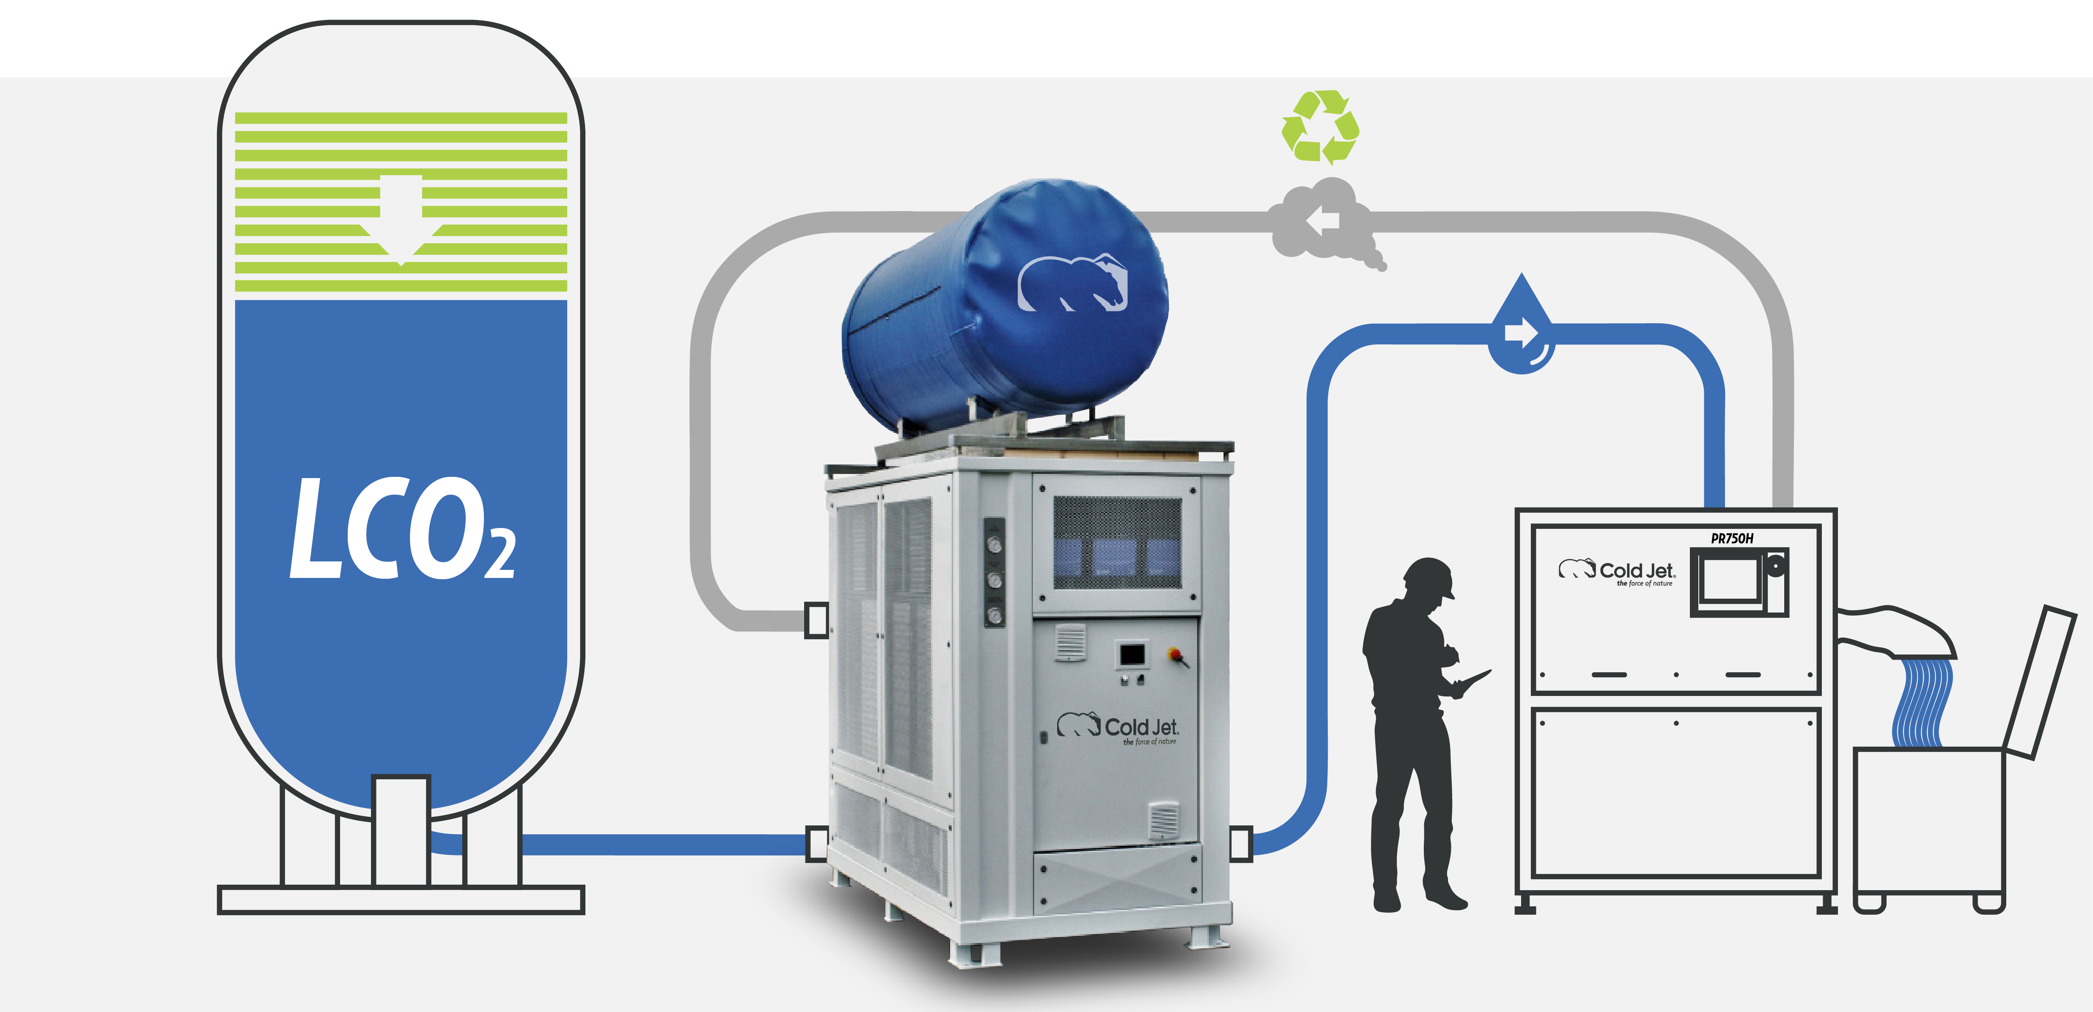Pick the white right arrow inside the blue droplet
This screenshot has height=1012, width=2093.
coord(1519,333)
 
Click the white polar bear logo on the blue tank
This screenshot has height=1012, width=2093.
coord(1072,283)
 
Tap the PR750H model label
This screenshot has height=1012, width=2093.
coord(1731,538)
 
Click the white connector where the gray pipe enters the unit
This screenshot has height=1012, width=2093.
coord(816,620)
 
